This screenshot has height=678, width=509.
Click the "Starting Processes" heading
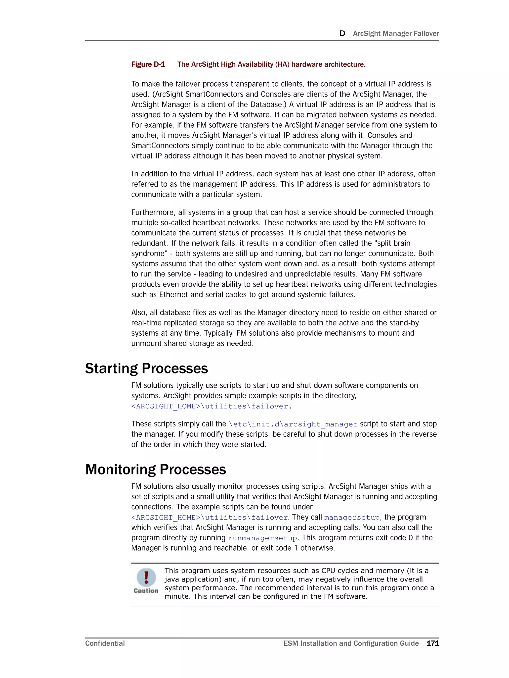point(146,368)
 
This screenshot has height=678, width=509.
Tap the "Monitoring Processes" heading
point(156,469)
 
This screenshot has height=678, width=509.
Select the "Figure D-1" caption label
point(148,64)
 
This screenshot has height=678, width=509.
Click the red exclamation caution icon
point(146,577)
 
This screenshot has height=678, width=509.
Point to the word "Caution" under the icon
point(146,591)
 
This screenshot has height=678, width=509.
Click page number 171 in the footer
point(432,643)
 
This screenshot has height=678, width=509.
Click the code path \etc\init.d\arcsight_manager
point(293,424)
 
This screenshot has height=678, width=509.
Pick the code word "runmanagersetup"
point(262,538)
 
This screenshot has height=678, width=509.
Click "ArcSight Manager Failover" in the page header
point(396,33)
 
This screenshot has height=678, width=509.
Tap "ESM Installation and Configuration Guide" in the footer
point(351,643)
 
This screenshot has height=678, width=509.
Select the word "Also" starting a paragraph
point(139,313)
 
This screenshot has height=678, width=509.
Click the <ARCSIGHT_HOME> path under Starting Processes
point(211,407)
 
